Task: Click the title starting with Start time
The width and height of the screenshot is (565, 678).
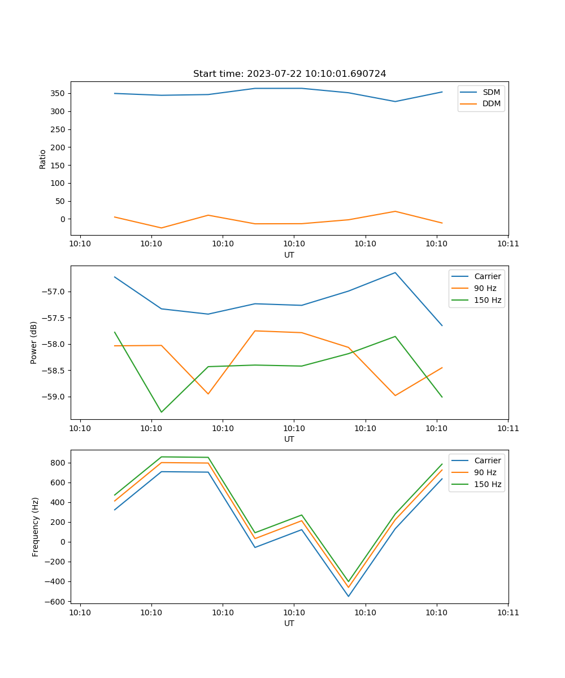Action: pyautogui.click(x=289, y=74)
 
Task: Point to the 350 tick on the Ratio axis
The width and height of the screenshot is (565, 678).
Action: pyautogui.click(x=59, y=93)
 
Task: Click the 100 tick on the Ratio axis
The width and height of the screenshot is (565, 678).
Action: pyautogui.click(x=59, y=183)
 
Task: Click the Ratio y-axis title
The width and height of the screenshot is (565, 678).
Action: pyautogui.click(x=43, y=159)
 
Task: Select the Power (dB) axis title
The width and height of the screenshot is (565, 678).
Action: pyautogui.click(x=34, y=342)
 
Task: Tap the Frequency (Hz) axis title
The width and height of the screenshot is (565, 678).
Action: pyautogui.click(x=35, y=527)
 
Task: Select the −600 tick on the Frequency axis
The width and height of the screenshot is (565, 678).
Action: pyautogui.click(x=56, y=601)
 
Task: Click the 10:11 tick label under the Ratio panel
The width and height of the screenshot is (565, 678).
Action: pyautogui.click(x=507, y=244)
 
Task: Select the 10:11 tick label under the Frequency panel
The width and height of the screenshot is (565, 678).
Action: pyautogui.click(x=507, y=612)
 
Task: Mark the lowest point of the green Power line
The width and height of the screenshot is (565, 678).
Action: pyautogui.click(x=162, y=412)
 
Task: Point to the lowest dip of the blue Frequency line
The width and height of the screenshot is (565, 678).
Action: pyautogui.click(x=348, y=596)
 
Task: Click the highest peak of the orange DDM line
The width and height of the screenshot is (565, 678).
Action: pyautogui.click(x=395, y=211)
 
